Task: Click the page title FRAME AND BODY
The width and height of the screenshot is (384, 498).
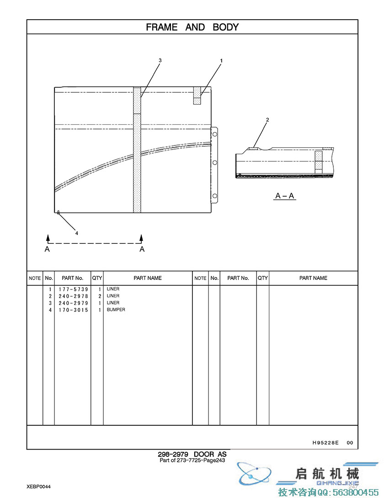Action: (x=192, y=27)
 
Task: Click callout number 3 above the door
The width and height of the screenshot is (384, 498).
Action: (x=160, y=60)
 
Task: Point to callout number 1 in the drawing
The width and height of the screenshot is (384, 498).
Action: (x=221, y=61)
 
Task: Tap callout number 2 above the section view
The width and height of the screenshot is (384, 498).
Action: (x=267, y=120)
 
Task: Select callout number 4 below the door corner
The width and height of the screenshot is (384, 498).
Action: (x=76, y=233)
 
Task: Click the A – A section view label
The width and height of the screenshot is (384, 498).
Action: (x=285, y=196)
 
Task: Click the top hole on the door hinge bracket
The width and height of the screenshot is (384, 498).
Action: (x=215, y=134)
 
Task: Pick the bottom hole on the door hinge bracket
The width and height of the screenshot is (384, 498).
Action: (x=215, y=196)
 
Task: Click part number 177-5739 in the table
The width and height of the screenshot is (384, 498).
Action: (x=73, y=289)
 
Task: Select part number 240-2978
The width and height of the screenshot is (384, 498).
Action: (x=73, y=296)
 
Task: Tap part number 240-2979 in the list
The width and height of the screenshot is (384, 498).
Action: (x=73, y=303)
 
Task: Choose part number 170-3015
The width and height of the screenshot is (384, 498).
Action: (x=73, y=310)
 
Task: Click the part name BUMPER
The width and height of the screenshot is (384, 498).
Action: (x=116, y=310)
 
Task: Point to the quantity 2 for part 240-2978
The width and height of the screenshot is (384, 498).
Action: (x=100, y=296)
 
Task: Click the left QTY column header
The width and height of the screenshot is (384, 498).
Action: (x=97, y=278)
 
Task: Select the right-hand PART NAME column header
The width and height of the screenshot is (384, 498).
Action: (x=313, y=278)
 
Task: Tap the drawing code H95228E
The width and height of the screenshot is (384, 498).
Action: (x=325, y=443)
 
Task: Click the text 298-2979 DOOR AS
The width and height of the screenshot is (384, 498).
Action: (x=192, y=455)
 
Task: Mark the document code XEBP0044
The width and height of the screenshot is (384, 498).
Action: (x=38, y=487)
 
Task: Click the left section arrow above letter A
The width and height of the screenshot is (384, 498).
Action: (x=48, y=239)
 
